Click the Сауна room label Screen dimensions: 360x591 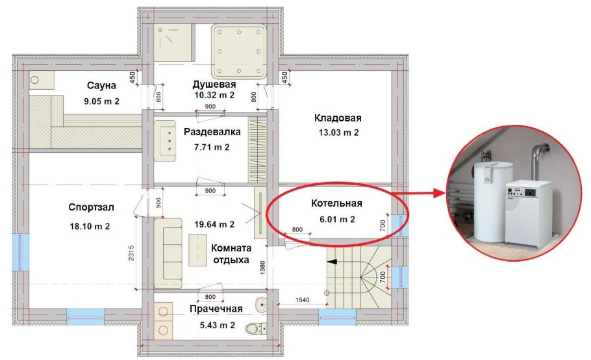point(101,86)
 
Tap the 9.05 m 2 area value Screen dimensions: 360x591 point(102,101)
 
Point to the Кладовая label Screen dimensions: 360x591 point(338,118)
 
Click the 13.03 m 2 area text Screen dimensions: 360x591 point(337,133)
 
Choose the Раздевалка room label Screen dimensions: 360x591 point(212,132)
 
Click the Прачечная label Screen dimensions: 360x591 point(216,309)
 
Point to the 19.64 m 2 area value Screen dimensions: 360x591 point(214,225)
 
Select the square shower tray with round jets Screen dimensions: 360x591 point(239,51)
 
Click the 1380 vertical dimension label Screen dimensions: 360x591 point(264,268)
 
